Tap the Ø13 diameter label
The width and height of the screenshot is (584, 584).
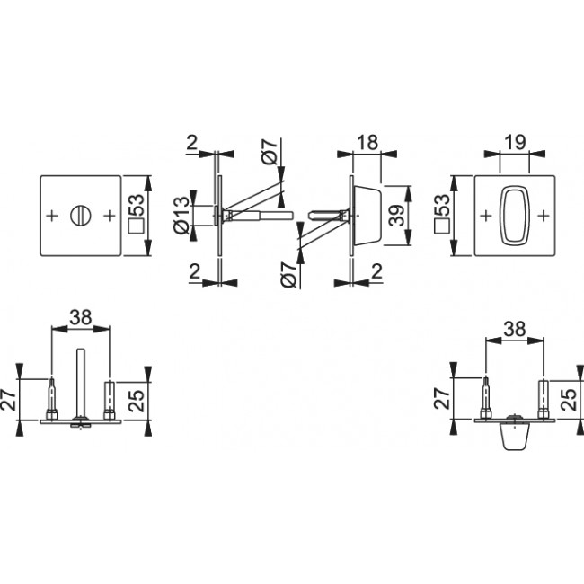181,216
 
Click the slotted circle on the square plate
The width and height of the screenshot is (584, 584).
80,216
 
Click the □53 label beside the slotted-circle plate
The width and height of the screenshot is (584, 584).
137,216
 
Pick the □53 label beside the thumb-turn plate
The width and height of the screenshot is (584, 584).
442,216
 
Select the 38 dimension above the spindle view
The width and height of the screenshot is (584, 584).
81,316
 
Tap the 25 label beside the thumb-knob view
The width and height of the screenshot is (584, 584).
571,396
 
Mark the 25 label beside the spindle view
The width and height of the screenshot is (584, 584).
137,396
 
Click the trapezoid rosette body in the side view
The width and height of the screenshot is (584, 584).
365,216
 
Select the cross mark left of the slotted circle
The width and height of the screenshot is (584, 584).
51,216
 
